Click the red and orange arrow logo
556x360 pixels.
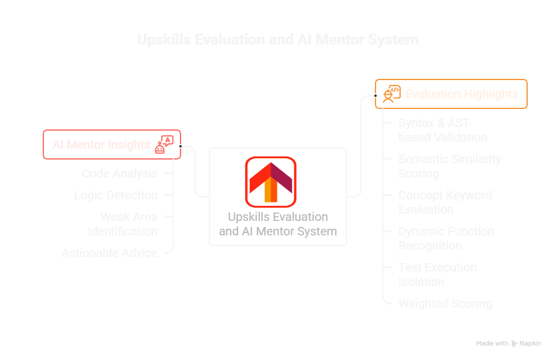(x=270, y=181)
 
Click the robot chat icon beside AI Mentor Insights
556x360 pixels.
(x=164, y=144)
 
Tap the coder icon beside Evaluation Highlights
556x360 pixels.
(x=391, y=94)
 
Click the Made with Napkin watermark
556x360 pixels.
(x=508, y=344)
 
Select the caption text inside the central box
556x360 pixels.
(x=277, y=224)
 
